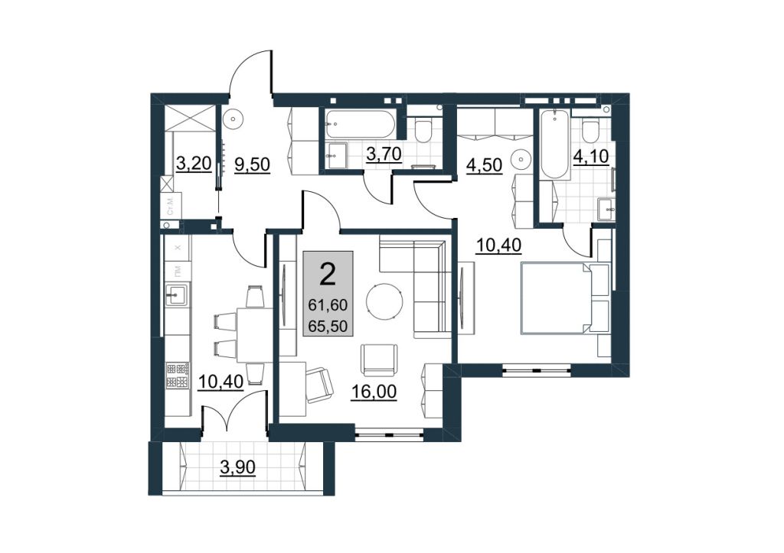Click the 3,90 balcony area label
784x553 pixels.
pyautogui.click(x=237, y=467)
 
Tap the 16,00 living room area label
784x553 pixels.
pyautogui.click(x=374, y=392)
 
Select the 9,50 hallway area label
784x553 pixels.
pyautogui.click(x=253, y=164)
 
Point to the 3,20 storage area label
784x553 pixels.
pyautogui.click(x=194, y=163)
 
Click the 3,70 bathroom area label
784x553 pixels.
pyautogui.click(x=384, y=154)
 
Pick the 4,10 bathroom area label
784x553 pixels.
pyautogui.click(x=591, y=156)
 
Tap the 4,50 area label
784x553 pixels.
pyautogui.click(x=484, y=165)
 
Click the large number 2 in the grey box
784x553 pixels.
pyautogui.click(x=328, y=275)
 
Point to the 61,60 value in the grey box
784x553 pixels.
pyautogui.click(x=328, y=304)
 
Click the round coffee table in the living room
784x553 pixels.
pyautogui.click(x=384, y=302)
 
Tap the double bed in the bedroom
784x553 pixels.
pyautogui.click(x=566, y=298)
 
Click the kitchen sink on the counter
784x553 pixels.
pyautogui.click(x=177, y=294)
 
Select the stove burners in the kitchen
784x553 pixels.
pyautogui.click(x=178, y=376)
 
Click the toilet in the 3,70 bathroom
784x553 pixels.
pyautogui.click(x=424, y=129)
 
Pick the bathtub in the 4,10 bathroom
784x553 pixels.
pyautogui.click(x=555, y=144)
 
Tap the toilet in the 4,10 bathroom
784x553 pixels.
pyautogui.click(x=591, y=131)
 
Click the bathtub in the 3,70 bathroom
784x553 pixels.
pyautogui.click(x=361, y=125)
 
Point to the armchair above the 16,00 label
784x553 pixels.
pyautogui.click(x=380, y=359)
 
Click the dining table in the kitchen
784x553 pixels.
pyautogui.click(x=254, y=335)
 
